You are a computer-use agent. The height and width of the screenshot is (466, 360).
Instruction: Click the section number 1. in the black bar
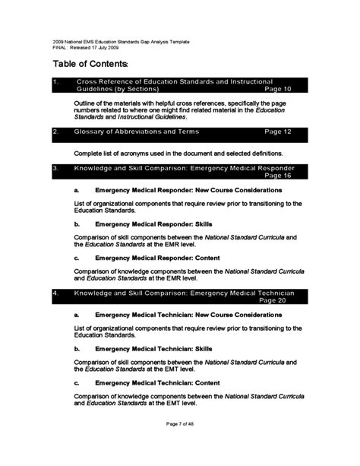click(x=55, y=81)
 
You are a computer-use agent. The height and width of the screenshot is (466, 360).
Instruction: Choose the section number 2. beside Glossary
click(x=55, y=132)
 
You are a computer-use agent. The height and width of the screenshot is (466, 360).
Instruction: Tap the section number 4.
click(x=55, y=293)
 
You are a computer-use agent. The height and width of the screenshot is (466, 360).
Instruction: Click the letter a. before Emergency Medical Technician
click(x=77, y=314)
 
